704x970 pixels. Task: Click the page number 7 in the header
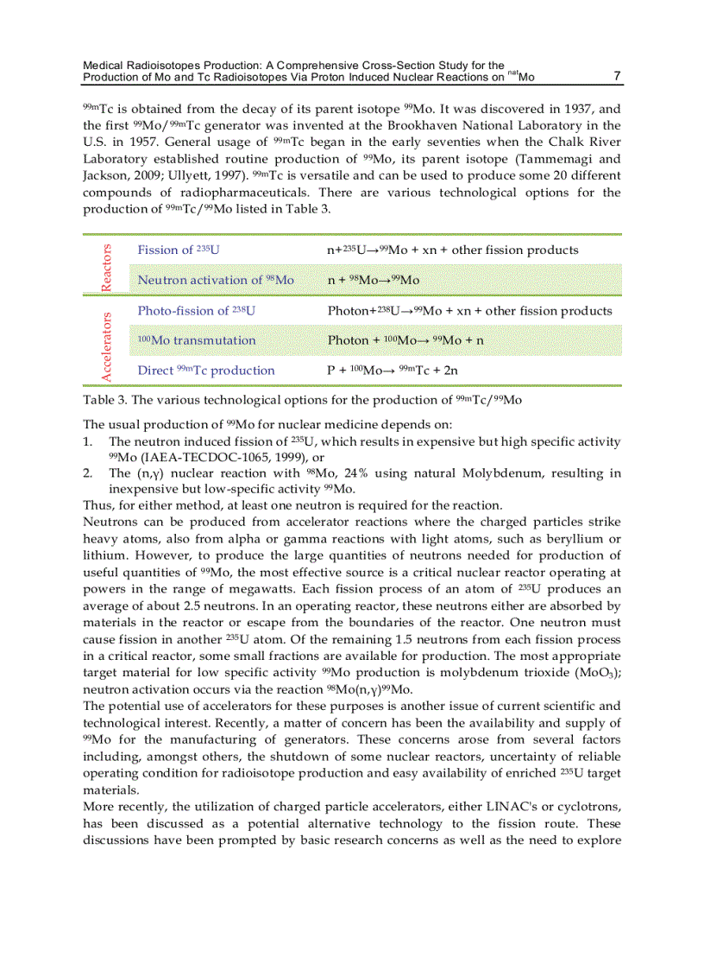point(617,76)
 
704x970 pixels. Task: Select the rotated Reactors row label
point(107,265)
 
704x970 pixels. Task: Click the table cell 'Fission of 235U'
point(179,250)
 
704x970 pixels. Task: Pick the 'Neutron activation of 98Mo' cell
point(216,280)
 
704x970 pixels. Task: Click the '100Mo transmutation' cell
point(197,340)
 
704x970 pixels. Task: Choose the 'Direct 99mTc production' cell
point(206,371)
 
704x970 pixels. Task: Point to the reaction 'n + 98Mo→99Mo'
point(373,280)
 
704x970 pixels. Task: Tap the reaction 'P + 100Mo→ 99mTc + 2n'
point(393,371)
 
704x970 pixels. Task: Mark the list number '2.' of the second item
point(88,473)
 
